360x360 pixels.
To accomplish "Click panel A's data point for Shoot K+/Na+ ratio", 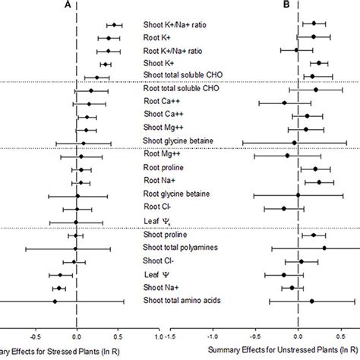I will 114,25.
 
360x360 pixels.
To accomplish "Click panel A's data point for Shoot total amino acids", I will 54,302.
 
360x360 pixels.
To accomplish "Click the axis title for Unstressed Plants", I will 281,350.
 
